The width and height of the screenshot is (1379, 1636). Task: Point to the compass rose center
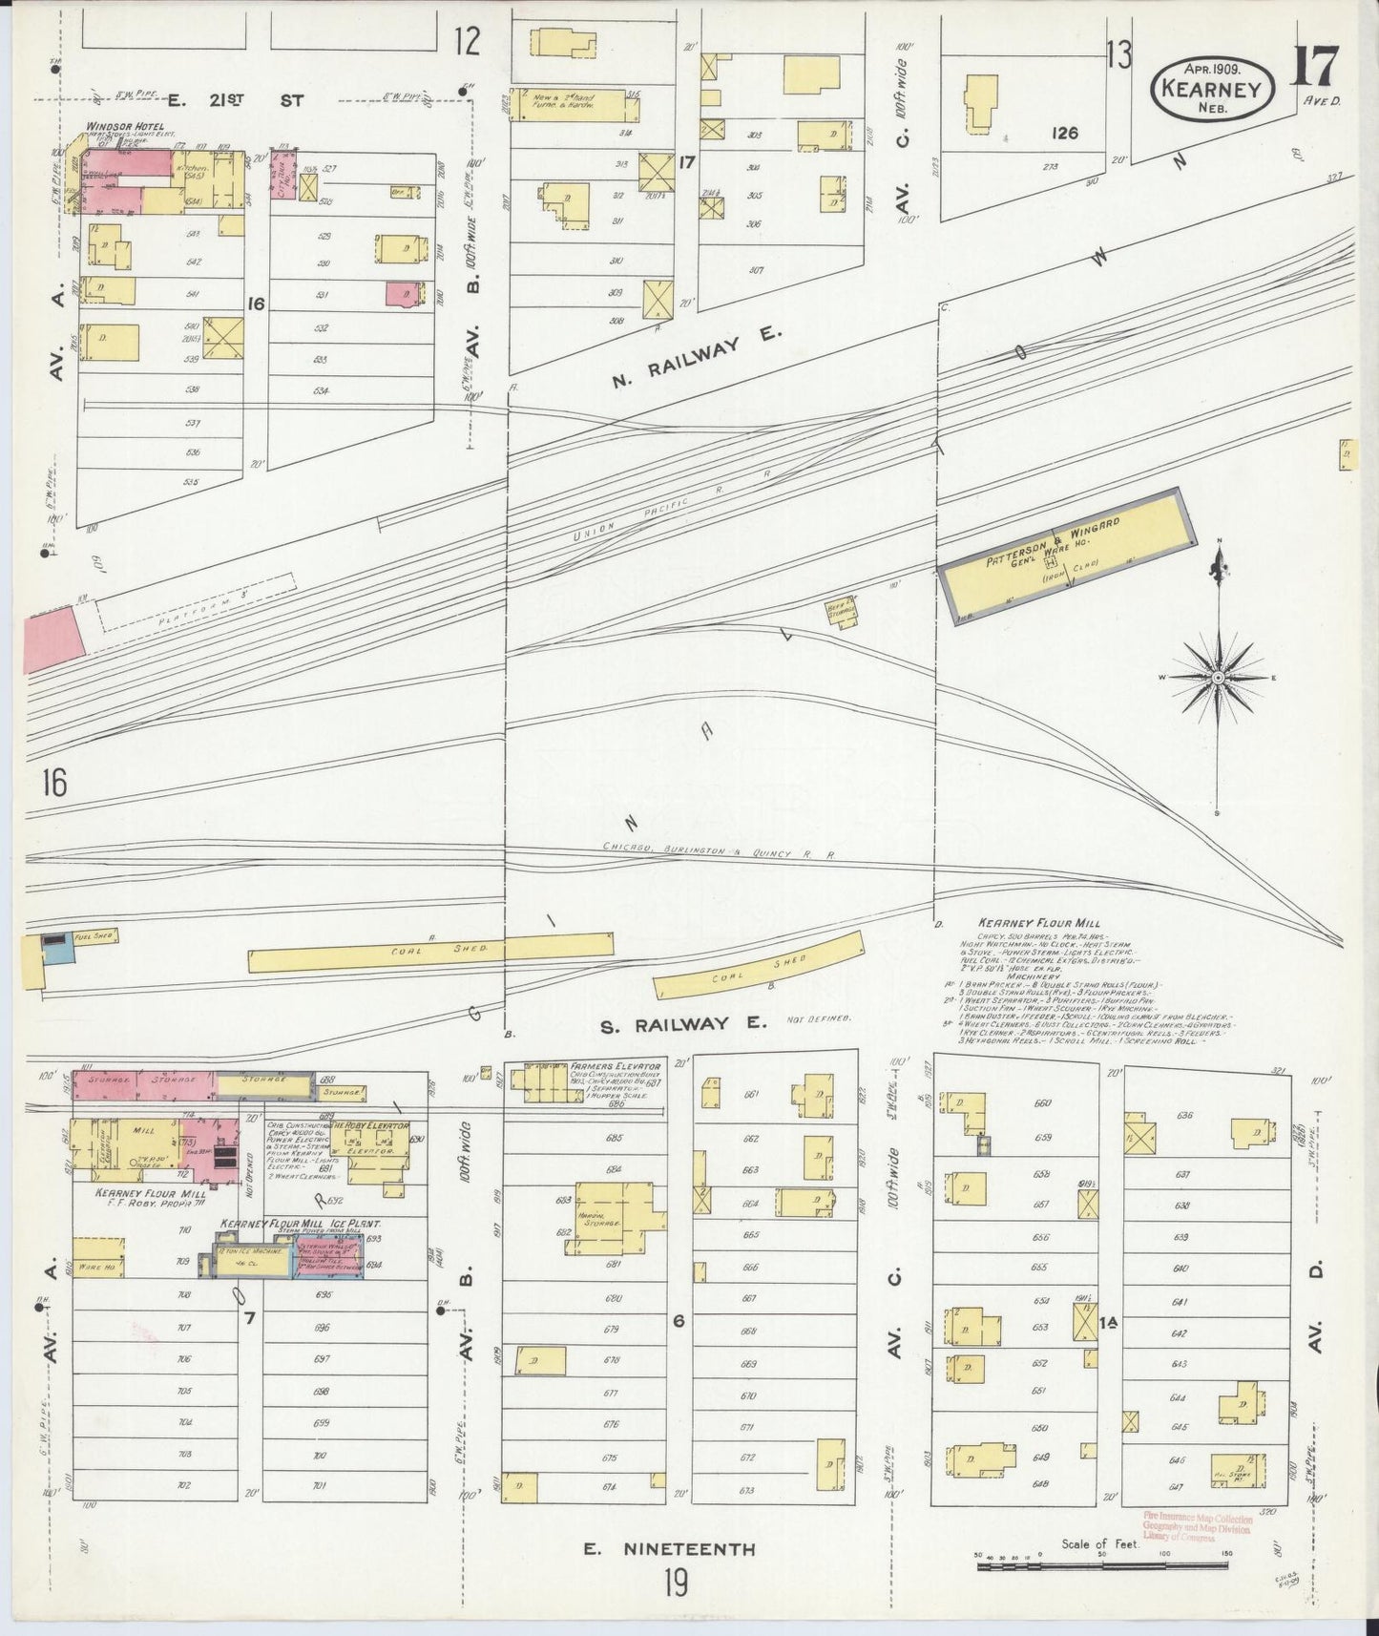coord(1219,678)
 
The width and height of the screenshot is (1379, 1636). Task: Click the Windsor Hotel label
coord(125,127)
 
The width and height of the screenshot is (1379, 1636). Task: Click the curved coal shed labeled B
coord(760,973)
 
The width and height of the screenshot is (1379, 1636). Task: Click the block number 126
coord(1064,134)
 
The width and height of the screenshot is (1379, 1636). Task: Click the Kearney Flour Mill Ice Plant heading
coord(301,1223)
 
